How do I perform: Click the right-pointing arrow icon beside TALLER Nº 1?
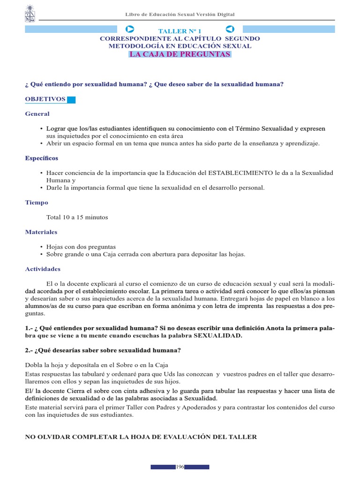130,29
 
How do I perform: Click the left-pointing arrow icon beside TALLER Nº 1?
230,29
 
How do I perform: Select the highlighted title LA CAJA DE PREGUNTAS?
180,54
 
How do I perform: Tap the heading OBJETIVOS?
45,99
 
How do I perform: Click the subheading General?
37,114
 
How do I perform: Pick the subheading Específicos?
41,158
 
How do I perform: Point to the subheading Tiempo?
36,202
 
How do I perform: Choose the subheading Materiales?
41,232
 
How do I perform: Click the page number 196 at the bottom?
180,467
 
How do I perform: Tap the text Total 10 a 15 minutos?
77,217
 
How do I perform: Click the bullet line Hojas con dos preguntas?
81,247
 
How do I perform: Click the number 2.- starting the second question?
29,351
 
